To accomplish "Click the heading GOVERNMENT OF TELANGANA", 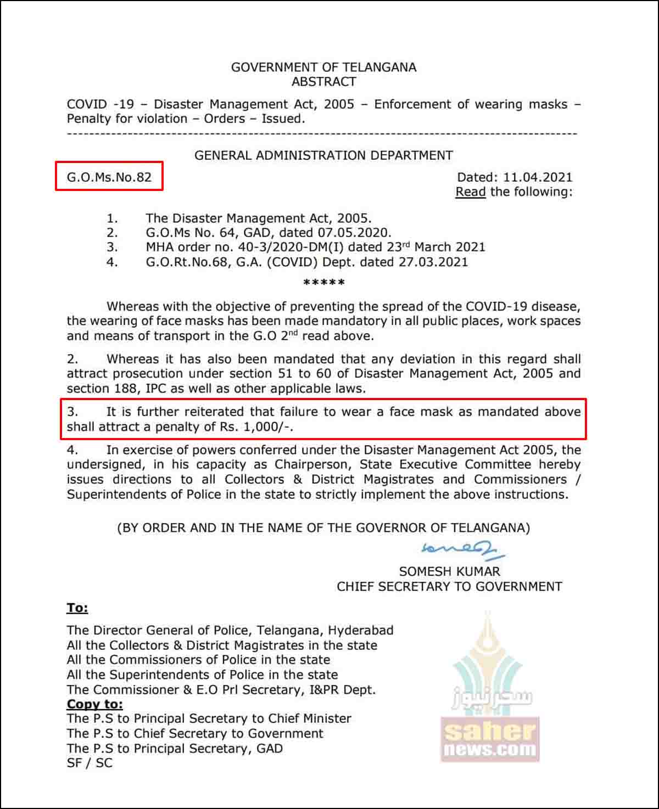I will click(323, 68).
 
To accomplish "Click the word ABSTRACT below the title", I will click(323, 82).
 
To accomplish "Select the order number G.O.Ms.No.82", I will click(109, 177).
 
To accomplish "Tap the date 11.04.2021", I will click(538, 177).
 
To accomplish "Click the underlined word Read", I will click(471, 192).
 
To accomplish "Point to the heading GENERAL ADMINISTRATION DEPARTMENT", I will click(323, 155).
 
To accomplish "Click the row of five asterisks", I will click(324, 283).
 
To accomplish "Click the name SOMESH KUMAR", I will click(449, 571).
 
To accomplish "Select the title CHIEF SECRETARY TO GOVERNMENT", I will click(449, 586).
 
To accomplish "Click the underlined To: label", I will click(77, 608).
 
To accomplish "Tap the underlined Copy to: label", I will click(95, 704).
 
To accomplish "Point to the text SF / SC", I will click(90, 763).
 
